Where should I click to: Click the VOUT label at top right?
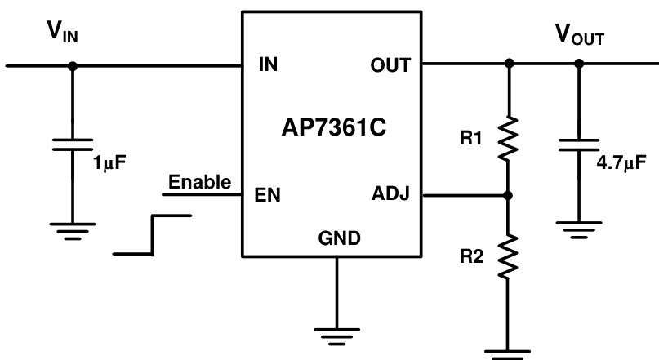(x=579, y=35)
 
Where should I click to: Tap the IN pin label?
(x=267, y=64)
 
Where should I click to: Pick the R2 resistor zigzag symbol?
(x=509, y=256)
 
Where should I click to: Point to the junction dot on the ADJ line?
(x=509, y=196)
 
